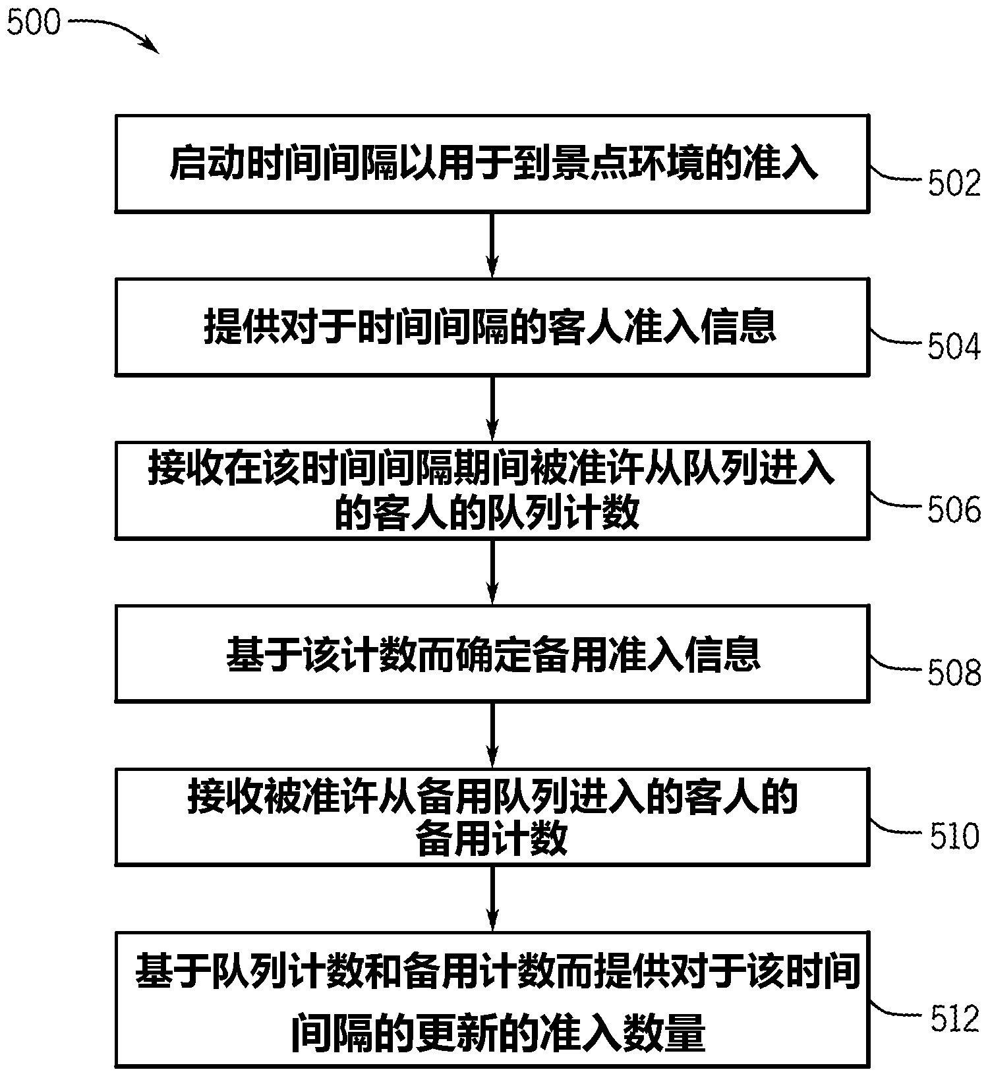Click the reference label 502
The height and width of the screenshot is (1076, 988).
pyautogui.click(x=954, y=183)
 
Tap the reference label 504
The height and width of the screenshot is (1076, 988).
pyautogui.click(x=954, y=347)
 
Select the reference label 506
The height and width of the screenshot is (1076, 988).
pyautogui.click(x=954, y=509)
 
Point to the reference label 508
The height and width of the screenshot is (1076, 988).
pyautogui.click(x=954, y=672)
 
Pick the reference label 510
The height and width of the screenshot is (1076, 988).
pyautogui.click(x=954, y=835)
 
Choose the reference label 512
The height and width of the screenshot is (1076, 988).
pyautogui.click(x=954, y=1019)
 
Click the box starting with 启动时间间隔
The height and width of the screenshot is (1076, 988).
pyautogui.click(x=491, y=163)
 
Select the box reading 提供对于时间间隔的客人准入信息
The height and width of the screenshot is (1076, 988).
pyautogui.click(x=491, y=327)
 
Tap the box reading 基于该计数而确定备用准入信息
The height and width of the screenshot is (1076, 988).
pyautogui.click(x=491, y=653)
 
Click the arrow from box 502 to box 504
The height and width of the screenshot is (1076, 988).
pyautogui.click(x=492, y=244)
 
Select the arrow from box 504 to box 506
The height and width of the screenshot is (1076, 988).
pyautogui.click(x=492, y=408)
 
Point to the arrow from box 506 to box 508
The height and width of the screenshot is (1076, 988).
pyautogui.click(x=492, y=571)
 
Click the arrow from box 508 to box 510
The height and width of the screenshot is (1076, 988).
pyautogui.click(x=492, y=733)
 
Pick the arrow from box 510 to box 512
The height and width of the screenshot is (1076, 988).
pyautogui.click(x=492, y=897)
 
